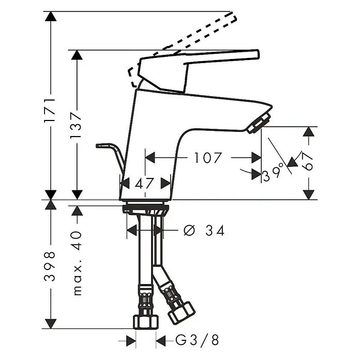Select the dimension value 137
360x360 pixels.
(76, 125)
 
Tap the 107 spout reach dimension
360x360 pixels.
(208, 158)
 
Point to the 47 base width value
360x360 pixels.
(144, 183)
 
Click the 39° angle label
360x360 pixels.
(273, 173)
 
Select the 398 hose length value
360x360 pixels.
(50, 266)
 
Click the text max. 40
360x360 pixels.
(78, 263)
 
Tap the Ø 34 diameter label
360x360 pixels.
(204, 230)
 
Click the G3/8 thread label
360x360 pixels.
(197, 340)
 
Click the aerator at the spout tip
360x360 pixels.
(259, 123)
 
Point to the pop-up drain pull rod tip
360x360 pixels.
(98, 146)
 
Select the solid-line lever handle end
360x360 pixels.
(258, 54)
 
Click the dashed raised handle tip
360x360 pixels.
(234, 17)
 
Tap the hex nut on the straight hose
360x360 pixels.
(146, 322)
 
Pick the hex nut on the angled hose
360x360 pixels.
(182, 313)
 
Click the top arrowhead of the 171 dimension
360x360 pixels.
(51, 16)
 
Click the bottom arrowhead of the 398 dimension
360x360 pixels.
(51, 324)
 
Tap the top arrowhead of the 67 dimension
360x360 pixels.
(309, 131)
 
